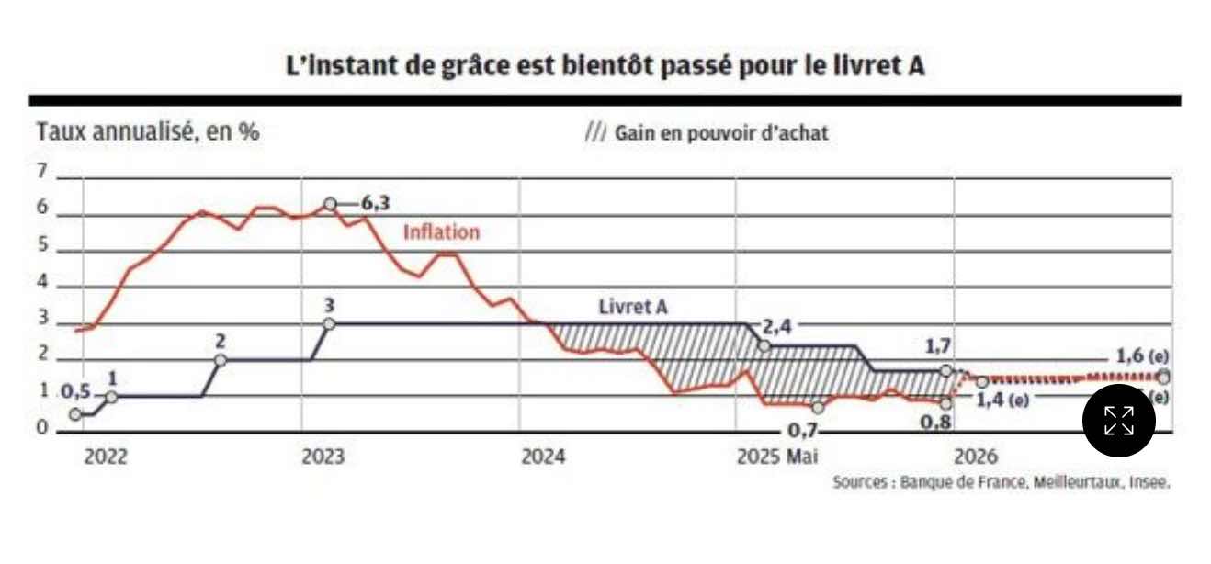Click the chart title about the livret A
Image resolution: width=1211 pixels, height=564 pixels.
605,66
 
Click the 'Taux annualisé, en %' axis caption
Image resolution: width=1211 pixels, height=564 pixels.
148,131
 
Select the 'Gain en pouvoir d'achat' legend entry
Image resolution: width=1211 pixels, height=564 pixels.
707,133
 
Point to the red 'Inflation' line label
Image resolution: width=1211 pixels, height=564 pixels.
441,232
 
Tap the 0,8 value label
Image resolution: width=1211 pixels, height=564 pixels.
934,423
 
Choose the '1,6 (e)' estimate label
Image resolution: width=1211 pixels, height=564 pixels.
1142,357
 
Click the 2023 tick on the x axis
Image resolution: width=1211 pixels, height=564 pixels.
323,457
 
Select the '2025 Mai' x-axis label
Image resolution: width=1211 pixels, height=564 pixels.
776,457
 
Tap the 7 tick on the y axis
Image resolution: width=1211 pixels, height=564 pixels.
41,171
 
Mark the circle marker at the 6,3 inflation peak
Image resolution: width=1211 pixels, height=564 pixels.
330,203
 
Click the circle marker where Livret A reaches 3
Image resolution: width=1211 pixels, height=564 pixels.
329,322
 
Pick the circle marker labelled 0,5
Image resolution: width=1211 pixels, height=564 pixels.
75,414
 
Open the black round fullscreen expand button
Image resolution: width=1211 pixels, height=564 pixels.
1118,421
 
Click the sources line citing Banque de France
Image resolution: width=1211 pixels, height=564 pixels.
1001,482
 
